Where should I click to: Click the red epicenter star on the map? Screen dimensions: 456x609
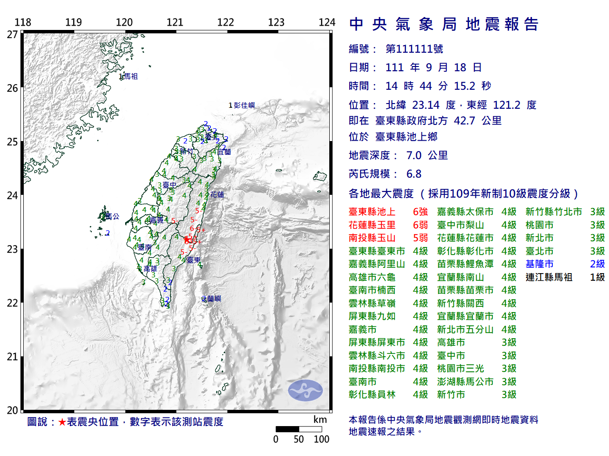tap(187, 240)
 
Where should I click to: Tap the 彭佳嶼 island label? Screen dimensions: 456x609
tap(244, 105)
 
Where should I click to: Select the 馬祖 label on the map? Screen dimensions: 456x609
tap(130, 76)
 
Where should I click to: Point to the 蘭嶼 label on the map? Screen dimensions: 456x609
tap(214, 298)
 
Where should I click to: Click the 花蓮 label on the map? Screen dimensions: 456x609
tap(217, 194)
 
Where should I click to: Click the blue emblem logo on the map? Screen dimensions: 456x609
tap(305, 390)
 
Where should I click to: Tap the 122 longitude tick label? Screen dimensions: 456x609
tap(225, 22)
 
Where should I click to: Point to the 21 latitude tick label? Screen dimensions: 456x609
tap(12, 357)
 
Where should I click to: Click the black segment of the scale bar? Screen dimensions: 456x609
tap(287, 429)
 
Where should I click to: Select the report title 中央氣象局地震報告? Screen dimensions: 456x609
tap(443, 24)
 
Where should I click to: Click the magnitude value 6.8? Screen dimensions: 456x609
tap(414, 174)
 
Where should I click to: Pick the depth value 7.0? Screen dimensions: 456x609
tap(414, 155)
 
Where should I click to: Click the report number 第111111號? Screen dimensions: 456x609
tap(414, 49)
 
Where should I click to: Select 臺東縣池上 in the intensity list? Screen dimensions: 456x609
tap(372, 212)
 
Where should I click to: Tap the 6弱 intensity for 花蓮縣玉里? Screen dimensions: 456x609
tap(420, 225)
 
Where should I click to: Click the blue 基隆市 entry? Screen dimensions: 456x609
tap(539, 264)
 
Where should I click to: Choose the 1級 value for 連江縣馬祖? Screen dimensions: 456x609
tap(597, 277)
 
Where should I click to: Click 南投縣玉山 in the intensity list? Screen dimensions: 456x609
tap(372, 238)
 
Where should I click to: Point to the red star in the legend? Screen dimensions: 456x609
tap(62, 422)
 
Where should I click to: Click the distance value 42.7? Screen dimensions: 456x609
tap(464, 121)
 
